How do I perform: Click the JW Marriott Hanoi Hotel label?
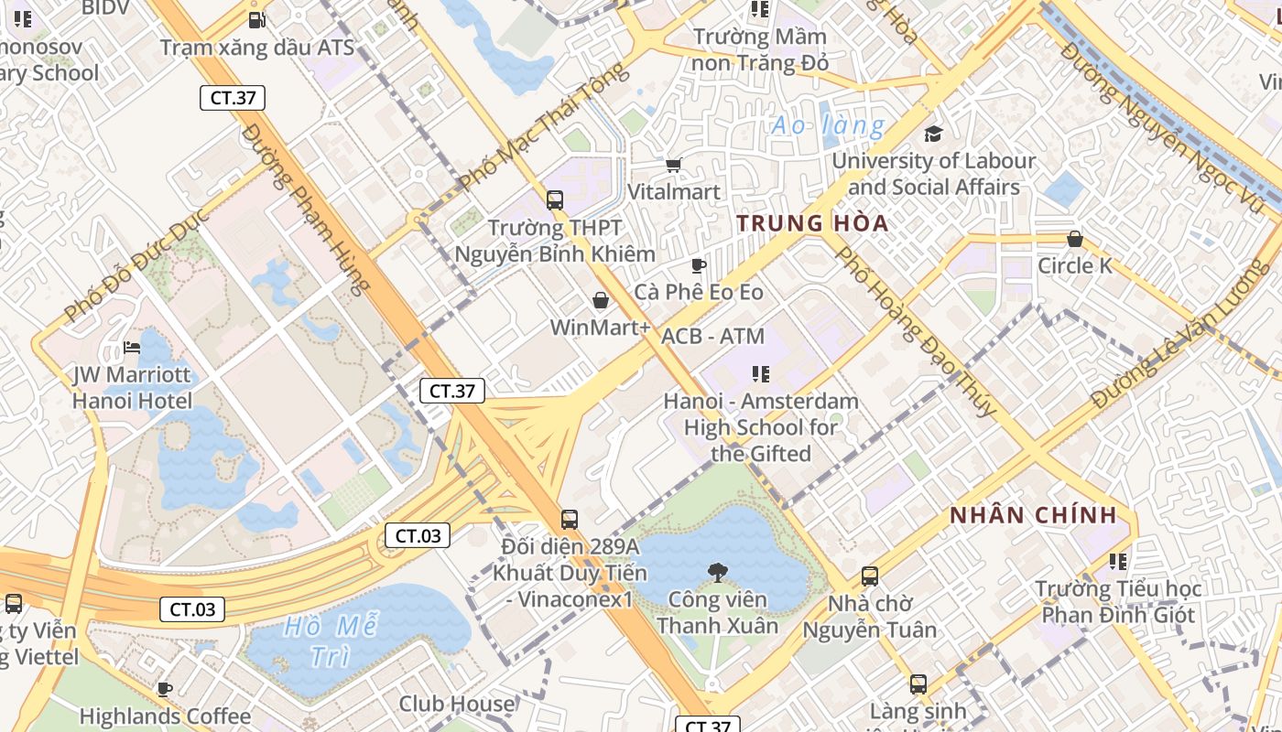click(132, 388)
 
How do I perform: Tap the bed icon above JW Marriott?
click(132, 348)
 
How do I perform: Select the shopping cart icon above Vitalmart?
click(674, 165)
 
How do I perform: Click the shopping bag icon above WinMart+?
click(601, 300)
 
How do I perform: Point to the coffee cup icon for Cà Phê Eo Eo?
click(698, 265)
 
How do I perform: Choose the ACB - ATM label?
click(712, 336)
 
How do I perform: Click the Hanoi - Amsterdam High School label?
click(761, 426)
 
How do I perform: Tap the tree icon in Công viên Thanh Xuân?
click(718, 573)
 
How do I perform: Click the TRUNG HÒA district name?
click(812, 223)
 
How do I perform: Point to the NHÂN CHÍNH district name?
click(1033, 515)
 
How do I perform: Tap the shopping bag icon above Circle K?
click(1075, 239)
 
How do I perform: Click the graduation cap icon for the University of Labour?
click(933, 134)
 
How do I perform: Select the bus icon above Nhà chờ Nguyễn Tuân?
click(870, 576)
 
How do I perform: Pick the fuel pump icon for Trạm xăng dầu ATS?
click(257, 18)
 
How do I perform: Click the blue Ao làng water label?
click(828, 125)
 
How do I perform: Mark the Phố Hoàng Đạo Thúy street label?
click(917, 331)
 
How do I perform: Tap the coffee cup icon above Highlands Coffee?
click(165, 689)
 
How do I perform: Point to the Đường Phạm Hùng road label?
click(307, 209)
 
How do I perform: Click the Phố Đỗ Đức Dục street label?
click(137, 265)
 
